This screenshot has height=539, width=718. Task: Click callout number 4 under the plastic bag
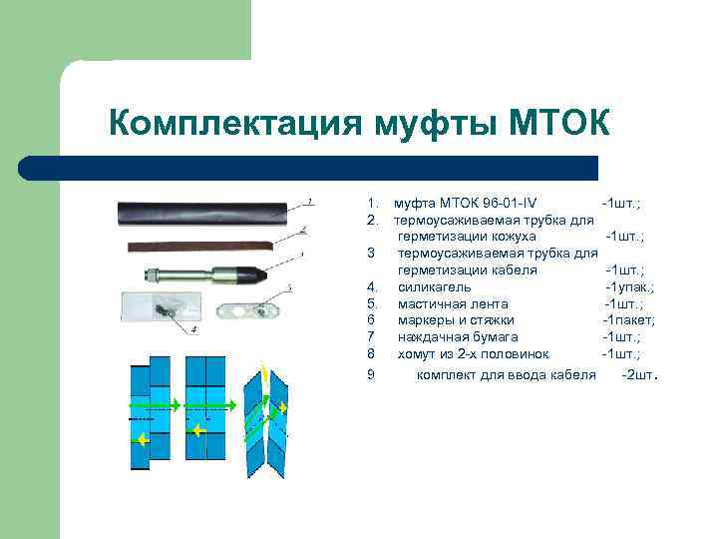(194, 328)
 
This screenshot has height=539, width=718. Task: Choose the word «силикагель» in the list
(428, 286)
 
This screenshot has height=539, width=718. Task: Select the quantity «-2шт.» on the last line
(639, 375)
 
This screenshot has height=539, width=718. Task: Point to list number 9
(370, 375)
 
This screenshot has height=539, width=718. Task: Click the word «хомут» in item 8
(418, 353)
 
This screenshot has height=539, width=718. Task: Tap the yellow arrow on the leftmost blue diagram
(143, 438)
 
